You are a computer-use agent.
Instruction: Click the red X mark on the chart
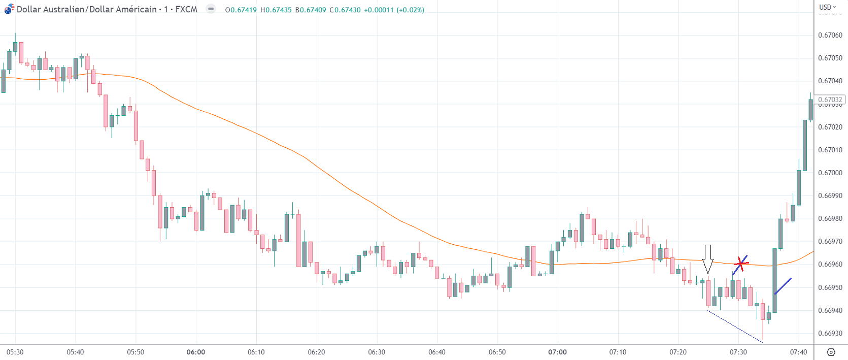pyautogui.click(x=741, y=264)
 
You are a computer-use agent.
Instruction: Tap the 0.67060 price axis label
pyautogui.click(x=830, y=35)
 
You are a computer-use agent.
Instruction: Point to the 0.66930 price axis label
pyautogui.click(x=830, y=334)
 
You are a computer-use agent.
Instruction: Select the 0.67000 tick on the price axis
pyautogui.click(x=830, y=173)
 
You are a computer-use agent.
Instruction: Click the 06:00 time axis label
pyautogui.click(x=196, y=352)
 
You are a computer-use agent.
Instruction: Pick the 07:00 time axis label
pyautogui.click(x=557, y=352)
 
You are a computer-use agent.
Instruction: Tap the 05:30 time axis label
pyautogui.click(x=15, y=352)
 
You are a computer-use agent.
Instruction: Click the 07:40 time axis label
pyautogui.click(x=798, y=352)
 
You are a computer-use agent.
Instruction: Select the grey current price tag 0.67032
pyautogui.click(x=830, y=100)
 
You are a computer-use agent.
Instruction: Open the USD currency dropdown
pyautogui.click(x=827, y=7)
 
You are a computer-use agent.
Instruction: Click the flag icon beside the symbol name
pyautogui.click(x=9, y=9)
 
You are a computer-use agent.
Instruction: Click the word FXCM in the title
pyautogui.click(x=186, y=9)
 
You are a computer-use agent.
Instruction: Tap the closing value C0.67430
pyautogui.click(x=345, y=10)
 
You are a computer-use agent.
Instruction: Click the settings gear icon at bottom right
pyautogui.click(x=831, y=352)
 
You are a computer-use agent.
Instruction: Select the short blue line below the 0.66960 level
pyautogui.click(x=783, y=286)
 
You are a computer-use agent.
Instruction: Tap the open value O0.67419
pyautogui.click(x=241, y=10)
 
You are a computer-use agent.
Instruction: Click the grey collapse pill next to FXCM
pyautogui.click(x=211, y=9)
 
